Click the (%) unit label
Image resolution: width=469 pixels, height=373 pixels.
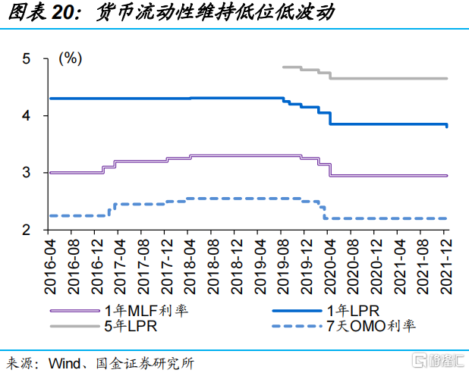pyautogui.click(x=70, y=58)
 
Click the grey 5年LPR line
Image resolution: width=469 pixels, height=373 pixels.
pyautogui.click(x=387, y=78)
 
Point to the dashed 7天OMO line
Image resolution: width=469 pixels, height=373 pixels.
pyautogui.click(x=228, y=199)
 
